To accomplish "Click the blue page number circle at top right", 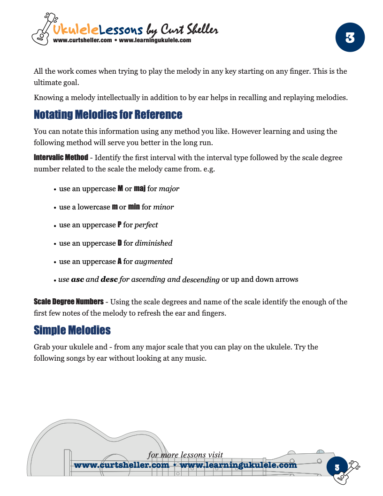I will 350,38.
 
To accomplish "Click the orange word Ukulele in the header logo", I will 76,30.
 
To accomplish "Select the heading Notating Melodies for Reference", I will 108,115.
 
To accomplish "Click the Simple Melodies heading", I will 72,330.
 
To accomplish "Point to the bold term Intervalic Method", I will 61,157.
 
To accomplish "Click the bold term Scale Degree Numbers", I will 69,302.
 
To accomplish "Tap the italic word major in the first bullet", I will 169,189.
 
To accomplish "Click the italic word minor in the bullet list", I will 163,207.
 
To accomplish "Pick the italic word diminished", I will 153,243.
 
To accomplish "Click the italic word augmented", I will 153,262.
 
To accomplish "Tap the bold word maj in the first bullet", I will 139,189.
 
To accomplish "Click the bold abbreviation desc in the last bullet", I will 109,279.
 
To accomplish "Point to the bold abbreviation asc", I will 77,279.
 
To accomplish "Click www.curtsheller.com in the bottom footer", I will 122,465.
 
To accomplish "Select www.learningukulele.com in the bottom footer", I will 238,465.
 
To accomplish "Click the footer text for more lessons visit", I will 185,455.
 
